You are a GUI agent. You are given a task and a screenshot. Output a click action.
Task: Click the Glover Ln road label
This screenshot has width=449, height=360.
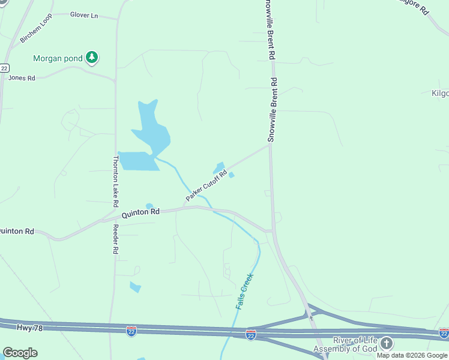pyautogui.click(x=83, y=15)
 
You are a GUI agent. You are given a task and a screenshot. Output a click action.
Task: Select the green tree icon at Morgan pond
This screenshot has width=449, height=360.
pyautogui.click(x=92, y=58)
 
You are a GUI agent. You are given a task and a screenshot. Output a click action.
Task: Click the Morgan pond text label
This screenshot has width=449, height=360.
pyautogui.click(x=58, y=59)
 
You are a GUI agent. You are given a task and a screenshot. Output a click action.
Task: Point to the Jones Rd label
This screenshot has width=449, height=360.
pyautogui.click(x=22, y=78)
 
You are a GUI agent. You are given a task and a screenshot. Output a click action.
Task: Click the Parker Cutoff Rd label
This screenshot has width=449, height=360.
pyautogui.click(x=206, y=187)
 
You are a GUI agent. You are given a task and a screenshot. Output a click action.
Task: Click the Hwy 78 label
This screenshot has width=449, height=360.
pyautogui.click(x=15, y=326)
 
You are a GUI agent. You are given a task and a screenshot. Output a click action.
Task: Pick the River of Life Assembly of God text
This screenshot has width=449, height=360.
pyautogui.click(x=346, y=344)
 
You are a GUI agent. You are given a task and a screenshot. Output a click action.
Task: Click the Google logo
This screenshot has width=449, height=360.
pyautogui.click(x=20, y=353)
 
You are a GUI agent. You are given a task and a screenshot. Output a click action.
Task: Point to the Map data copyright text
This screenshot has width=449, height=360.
pyautogui.click(x=412, y=355)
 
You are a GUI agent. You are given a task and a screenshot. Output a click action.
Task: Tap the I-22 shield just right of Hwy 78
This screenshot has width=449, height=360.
pyautogui.click(x=131, y=330)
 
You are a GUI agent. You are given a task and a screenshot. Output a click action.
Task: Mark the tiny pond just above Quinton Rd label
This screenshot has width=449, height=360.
pyautogui.click(x=149, y=206)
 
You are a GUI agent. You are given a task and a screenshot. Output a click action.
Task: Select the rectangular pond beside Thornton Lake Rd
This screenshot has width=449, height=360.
pyautogui.click(x=139, y=161)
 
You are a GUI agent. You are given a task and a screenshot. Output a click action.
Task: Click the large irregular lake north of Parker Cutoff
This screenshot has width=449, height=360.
pyautogui.click(x=151, y=127)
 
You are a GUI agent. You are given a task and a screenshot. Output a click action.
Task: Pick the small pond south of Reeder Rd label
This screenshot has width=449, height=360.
pyautogui.click(x=135, y=287)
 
